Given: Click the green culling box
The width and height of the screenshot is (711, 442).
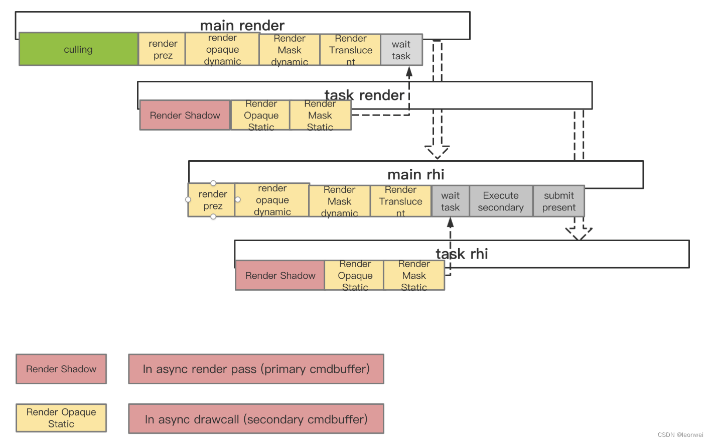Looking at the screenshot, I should (x=78, y=49).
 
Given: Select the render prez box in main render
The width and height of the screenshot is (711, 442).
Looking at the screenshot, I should (x=162, y=49).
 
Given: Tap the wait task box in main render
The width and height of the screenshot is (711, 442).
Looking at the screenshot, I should (x=401, y=50).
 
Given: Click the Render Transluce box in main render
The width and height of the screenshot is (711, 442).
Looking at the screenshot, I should (x=350, y=50).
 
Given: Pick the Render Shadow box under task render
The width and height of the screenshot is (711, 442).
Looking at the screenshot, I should (x=185, y=115).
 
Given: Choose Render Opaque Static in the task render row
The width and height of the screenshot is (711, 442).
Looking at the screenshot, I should (x=260, y=116).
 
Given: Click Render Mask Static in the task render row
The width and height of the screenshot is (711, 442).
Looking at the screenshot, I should (x=320, y=116).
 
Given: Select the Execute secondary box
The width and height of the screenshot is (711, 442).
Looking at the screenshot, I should (x=500, y=201).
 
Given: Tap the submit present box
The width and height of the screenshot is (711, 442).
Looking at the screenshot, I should (x=558, y=201).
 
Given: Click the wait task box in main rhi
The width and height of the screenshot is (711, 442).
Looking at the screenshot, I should (x=450, y=201).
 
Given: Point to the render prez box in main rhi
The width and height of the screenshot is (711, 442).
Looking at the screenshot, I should (x=212, y=200).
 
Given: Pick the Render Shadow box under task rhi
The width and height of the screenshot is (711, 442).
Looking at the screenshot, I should (x=280, y=275).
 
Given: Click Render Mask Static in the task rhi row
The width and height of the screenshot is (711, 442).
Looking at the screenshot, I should (x=414, y=275).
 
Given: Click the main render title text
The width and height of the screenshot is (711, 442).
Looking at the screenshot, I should (x=242, y=25).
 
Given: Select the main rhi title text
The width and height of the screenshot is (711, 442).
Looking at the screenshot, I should (x=415, y=174).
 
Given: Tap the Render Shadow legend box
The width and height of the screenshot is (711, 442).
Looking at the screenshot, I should (x=61, y=369).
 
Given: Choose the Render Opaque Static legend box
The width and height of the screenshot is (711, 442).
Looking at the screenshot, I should (x=61, y=418).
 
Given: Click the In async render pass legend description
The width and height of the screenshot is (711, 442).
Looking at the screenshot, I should (x=256, y=369).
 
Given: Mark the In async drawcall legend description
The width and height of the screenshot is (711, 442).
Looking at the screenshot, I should (x=256, y=419).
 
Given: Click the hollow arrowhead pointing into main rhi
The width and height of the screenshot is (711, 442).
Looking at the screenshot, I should (x=437, y=152).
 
